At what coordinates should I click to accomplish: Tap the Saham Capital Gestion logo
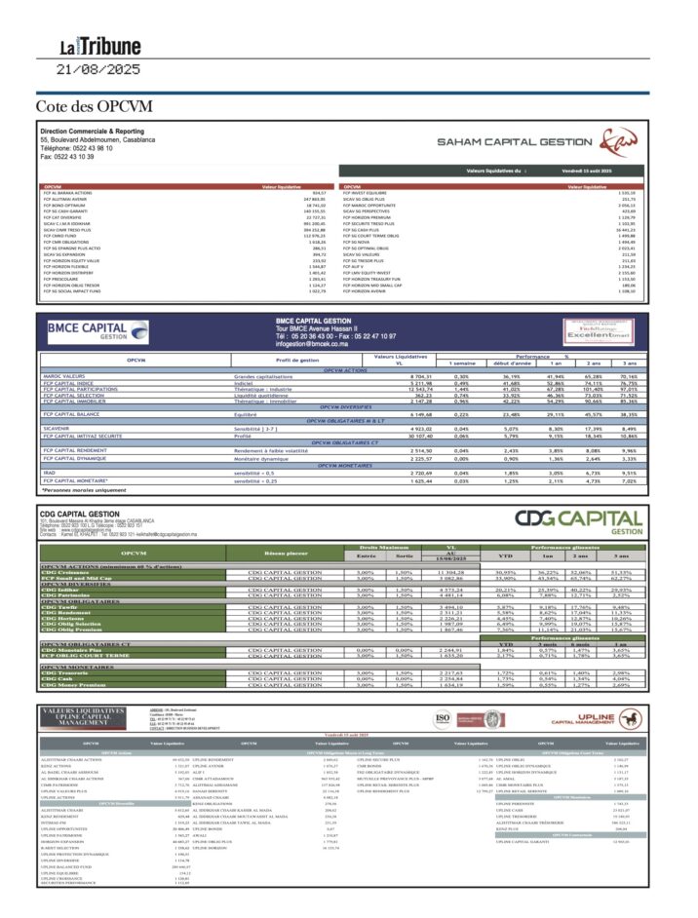(x=546, y=144)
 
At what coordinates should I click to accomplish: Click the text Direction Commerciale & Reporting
(x=92, y=131)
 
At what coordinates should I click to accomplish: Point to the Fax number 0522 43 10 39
(x=67, y=155)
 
